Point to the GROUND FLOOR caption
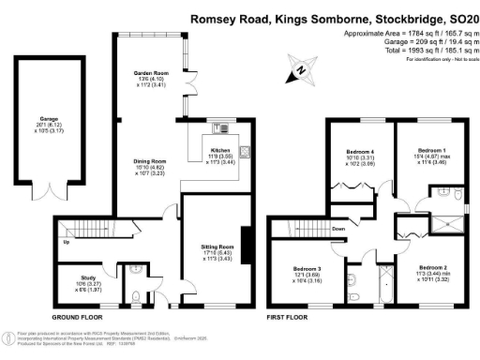click(x=77, y=318)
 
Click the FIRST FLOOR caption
click(x=290, y=318)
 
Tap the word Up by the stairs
click(x=65, y=242)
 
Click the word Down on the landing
click(x=337, y=229)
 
